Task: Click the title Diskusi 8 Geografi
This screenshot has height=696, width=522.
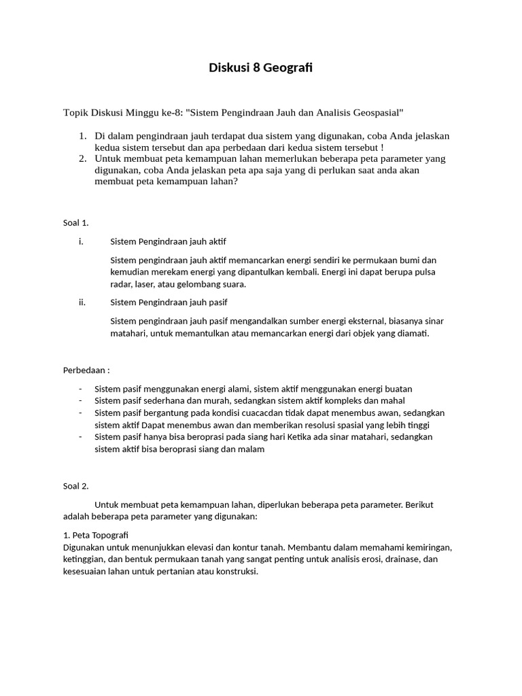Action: (260, 68)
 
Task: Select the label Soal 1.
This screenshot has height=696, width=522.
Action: (75, 222)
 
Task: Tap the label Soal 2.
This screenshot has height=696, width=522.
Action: (75, 486)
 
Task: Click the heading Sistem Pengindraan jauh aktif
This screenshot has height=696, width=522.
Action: (169, 241)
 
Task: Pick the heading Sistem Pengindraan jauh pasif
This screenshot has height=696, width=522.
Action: (169, 302)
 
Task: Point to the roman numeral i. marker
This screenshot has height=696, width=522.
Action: (81, 241)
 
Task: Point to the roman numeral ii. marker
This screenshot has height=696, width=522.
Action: (82, 302)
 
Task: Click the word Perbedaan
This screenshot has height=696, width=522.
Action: (84, 370)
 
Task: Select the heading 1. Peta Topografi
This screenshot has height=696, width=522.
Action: (95, 535)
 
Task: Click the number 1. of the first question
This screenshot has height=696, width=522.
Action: (82, 136)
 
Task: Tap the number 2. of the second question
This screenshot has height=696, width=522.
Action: (82, 159)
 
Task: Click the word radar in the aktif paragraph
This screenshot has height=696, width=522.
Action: (121, 284)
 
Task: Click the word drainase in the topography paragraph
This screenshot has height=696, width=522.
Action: (401, 559)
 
